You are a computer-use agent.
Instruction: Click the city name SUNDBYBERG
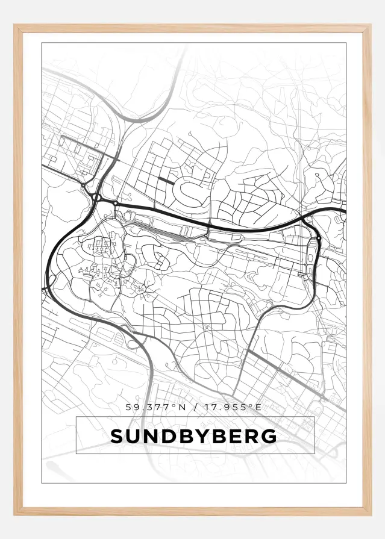tap(194, 436)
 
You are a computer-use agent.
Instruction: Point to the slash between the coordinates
tap(195, 407)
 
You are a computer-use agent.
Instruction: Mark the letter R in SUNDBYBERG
tap(251, 436)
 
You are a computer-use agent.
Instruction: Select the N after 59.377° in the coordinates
tap(181, 407)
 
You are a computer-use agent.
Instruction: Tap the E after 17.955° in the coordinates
tap(258, 407)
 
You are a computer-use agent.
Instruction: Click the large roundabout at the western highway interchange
tap(96, 197)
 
